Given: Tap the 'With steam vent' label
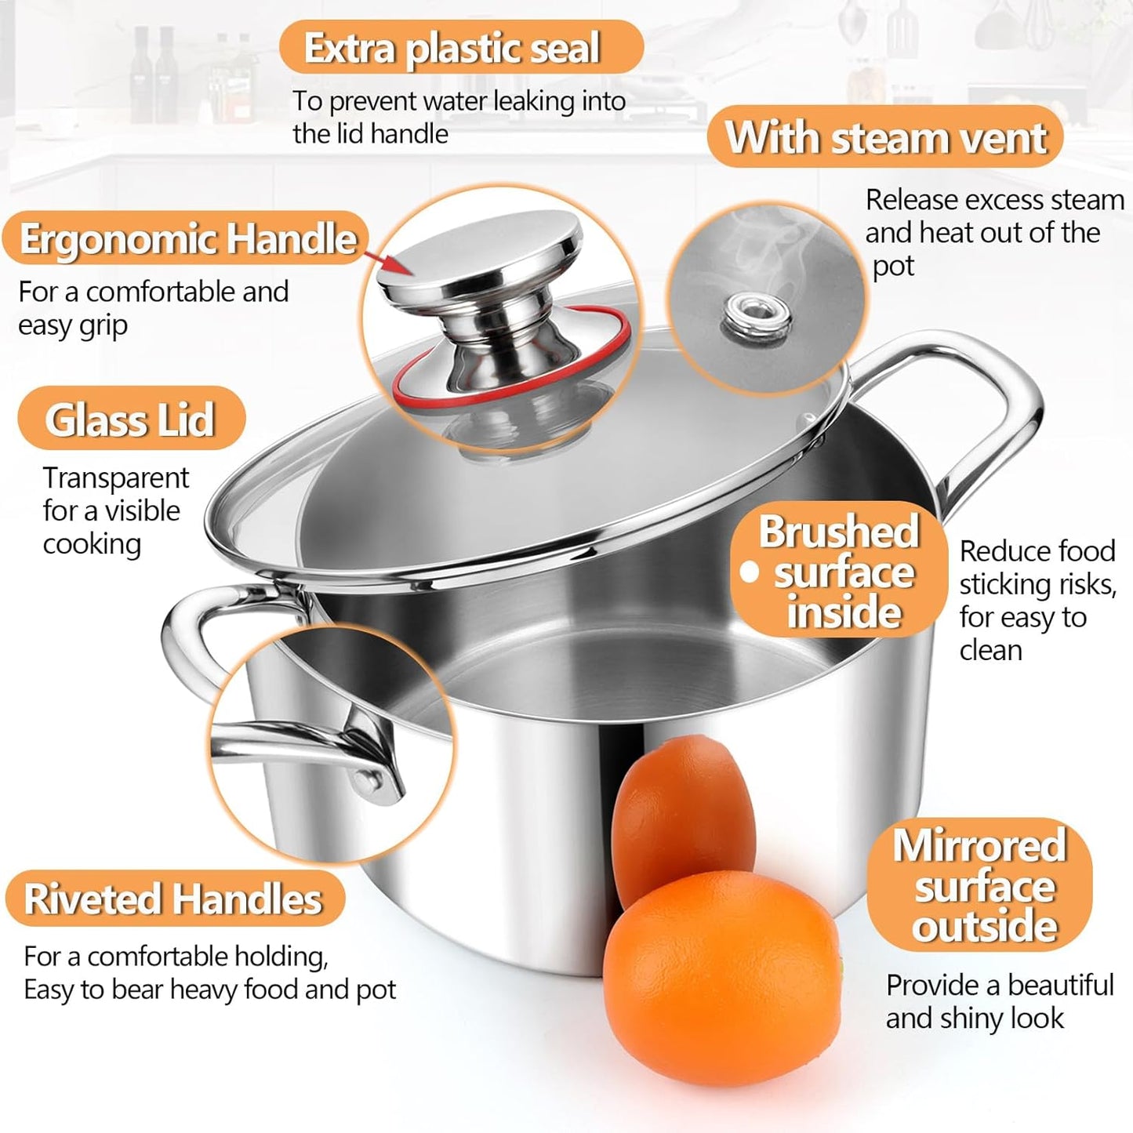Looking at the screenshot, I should pos(885,137).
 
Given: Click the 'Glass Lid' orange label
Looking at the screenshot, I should pos(130,419).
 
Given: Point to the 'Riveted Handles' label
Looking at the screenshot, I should pos(173,899).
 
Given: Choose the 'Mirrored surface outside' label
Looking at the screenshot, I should pos(980,885).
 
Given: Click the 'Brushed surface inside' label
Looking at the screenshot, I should pos(839,571).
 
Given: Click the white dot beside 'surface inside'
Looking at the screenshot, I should pos(750,572).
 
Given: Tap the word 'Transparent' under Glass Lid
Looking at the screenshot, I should pos(116,478).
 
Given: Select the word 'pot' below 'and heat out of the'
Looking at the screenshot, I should pos(893,267).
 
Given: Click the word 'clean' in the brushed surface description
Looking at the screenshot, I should pos(991,650).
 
